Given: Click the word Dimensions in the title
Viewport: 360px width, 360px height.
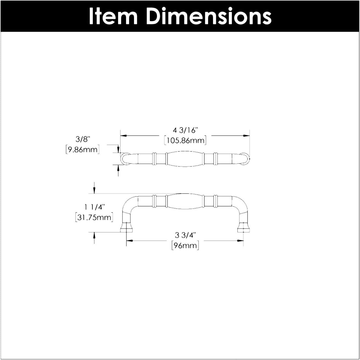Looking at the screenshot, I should pyautogui.click(x=208, y=16).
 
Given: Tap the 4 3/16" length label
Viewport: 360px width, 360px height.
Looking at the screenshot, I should pyautogui.click(x=185, y=130).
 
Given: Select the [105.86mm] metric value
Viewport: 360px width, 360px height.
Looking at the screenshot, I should pyautogui.click(x=185, y=140).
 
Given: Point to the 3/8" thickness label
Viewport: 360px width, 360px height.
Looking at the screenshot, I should pyautogui.click(x=83, y=139).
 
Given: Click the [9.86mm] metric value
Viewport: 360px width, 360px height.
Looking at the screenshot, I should pyautogui.click(x=83, y=150).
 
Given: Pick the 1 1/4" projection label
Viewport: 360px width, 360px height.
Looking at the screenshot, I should pyautogui.click(x=95, y=207).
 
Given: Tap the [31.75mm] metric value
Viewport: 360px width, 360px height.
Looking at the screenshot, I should pyautogui.click(x=94, y=218).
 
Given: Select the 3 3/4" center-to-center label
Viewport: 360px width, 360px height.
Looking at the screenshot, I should pyautogui.click(x=185, y=235).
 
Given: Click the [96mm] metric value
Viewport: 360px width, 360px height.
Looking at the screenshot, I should pyautogui.click(x=185, y=246).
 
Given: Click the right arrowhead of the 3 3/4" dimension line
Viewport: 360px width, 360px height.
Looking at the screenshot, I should pyautogui.click(x=240, y=240).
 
